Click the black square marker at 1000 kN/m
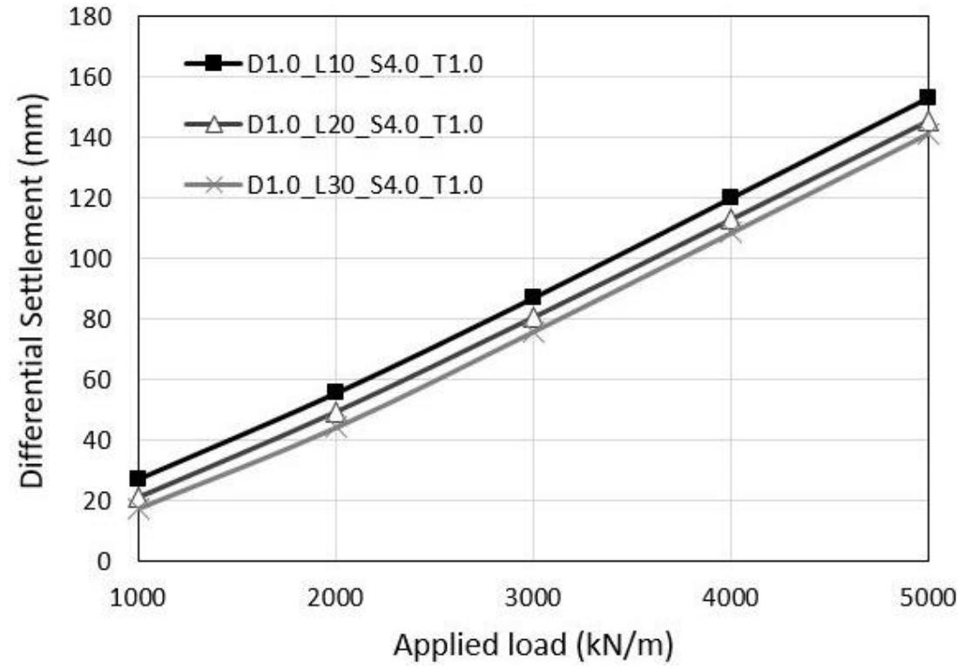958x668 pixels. click(x=138, y=478)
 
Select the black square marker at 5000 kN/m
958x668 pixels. click(x=928, y=97)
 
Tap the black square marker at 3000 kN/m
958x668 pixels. click(x=533, y=297)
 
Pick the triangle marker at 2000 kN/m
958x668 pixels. click(x=335, y=413)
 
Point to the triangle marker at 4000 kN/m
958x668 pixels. click(x=730, y=219)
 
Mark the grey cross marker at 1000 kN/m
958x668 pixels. click(x=138, y=509)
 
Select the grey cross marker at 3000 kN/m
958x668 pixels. click(x=533, y=333)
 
